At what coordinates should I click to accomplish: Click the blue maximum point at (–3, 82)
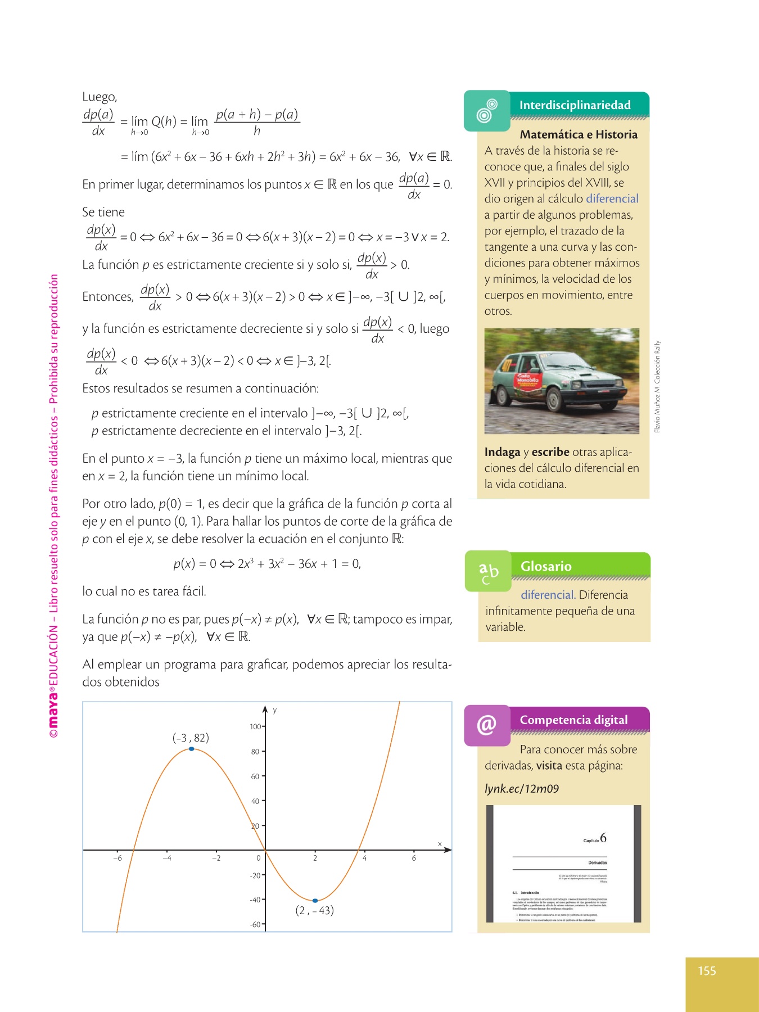(x=192, y=749)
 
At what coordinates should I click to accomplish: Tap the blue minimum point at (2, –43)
(x=315, y=901)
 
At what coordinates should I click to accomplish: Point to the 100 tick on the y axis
(x=256, y=726)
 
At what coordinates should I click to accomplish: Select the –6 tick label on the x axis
(x=118, y=858)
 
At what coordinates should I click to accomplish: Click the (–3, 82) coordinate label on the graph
(x=191, y=738)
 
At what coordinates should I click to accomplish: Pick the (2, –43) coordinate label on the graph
(x=314, y=910)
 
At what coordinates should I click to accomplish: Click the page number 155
(x=707, y=971)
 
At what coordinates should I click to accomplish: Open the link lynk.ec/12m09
(x=522, y=788)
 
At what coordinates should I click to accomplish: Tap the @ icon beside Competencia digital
(x=487, y=725)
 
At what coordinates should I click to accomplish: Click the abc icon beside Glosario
(x=488, y=571)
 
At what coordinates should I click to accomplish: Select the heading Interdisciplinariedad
(x=575, y=105)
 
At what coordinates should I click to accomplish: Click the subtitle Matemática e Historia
(x=579, y=134)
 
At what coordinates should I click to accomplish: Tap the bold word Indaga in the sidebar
(x=502, y=452)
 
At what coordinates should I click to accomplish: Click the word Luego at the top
(x=100, y=97)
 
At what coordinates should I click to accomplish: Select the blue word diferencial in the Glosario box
(x=547, y=595)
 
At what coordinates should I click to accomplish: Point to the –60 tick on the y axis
(x=256, y=924)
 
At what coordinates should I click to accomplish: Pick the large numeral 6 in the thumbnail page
(x=603, y=838)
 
